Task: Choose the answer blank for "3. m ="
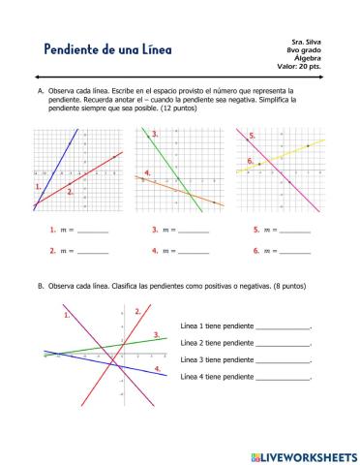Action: point(194,232)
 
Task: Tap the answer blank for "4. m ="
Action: point(194,252)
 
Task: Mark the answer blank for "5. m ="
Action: point(295,232)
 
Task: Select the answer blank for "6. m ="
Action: point(295,252)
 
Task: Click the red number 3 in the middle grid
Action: point(155,135)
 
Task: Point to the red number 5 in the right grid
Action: point(253,137)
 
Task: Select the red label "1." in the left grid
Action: point(39,185)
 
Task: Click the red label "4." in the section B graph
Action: point(158,370)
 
